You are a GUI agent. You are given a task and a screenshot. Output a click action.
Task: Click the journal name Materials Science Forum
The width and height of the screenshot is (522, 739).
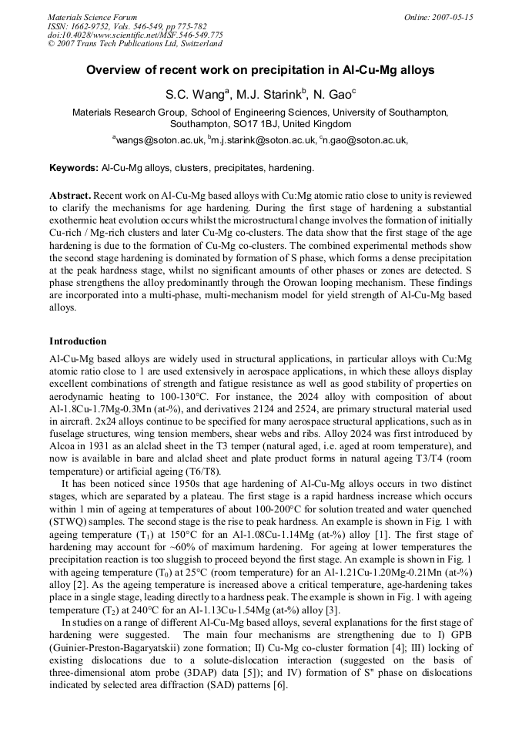[x=92, y=17]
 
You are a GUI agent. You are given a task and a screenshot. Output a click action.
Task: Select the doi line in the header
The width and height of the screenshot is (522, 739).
[x=136, y=35]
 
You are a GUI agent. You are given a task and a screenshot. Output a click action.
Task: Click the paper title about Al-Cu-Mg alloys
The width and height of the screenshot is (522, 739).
[x=260, y=70]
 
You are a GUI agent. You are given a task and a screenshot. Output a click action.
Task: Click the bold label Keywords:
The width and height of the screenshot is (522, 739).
[x=74, y=167]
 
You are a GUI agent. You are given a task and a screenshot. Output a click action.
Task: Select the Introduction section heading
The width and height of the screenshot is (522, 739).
[x=78, y=341]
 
